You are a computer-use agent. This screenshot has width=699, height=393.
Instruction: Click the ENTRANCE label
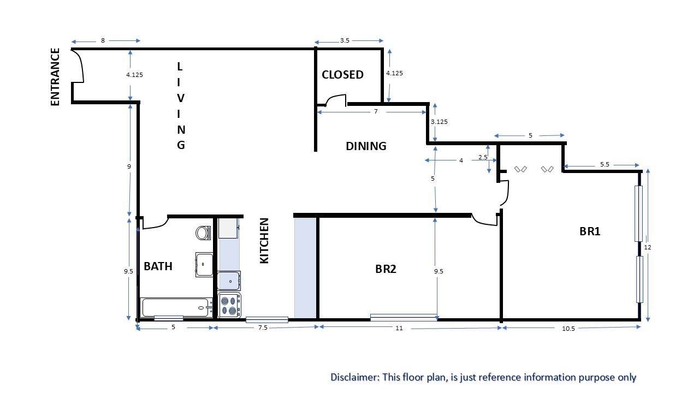point(55,77)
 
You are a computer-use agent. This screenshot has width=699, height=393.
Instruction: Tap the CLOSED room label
point(342,75)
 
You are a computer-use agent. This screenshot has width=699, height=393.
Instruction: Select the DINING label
point(366,146)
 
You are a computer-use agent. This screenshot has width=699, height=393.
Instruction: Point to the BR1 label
point(590,231)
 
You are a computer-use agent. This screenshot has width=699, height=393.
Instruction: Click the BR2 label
point(386,269)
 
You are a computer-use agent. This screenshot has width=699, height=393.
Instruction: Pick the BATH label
point(158,266)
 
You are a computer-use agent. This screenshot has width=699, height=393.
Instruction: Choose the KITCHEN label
point(264,241)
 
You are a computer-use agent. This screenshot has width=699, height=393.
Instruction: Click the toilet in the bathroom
point(203,233)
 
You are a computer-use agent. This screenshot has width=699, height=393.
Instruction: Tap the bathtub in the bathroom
point(176,307)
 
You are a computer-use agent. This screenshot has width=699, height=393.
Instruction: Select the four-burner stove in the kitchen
point(229,305)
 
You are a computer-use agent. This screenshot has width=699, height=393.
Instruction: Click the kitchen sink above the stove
point(229,281)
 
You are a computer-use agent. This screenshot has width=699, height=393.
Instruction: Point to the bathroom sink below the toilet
point(204,265)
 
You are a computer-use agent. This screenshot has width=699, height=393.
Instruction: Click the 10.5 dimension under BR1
point(568,329)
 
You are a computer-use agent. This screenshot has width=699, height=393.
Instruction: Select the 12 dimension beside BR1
point(648,247)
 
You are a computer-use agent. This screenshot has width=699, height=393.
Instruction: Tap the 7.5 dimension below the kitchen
point(263,327)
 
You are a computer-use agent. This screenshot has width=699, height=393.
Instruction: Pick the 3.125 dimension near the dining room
point(439,122)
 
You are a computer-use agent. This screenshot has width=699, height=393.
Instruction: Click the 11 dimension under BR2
point(399,328)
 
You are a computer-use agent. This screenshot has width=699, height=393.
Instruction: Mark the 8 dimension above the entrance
point(103,40)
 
